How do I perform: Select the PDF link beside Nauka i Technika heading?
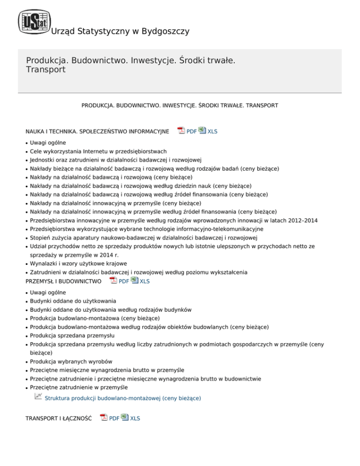coord(191,132)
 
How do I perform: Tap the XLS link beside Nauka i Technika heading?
coord(212,132)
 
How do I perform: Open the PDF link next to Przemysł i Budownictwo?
coord(124,281)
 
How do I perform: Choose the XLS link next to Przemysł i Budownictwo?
coord(145,281)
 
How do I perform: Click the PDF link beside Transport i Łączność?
coord(114,418)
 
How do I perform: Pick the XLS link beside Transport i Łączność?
coord(135,418)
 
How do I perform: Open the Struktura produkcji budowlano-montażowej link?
coord(122,398)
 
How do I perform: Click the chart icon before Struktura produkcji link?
coord(38,397)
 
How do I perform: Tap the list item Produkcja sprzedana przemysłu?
coord(73,336)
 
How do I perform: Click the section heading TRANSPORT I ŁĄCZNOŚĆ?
coord(58,418)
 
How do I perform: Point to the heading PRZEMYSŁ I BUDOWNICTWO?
coord(63,281)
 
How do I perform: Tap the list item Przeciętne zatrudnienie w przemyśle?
coord(78,387)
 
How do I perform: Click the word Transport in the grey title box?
coord(45,70)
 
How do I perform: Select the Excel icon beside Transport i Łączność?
coord(125,417)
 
